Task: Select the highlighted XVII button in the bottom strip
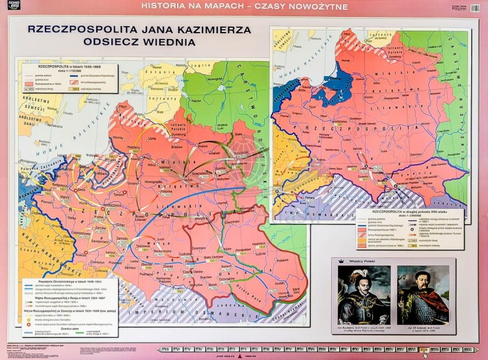coord(424,350)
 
